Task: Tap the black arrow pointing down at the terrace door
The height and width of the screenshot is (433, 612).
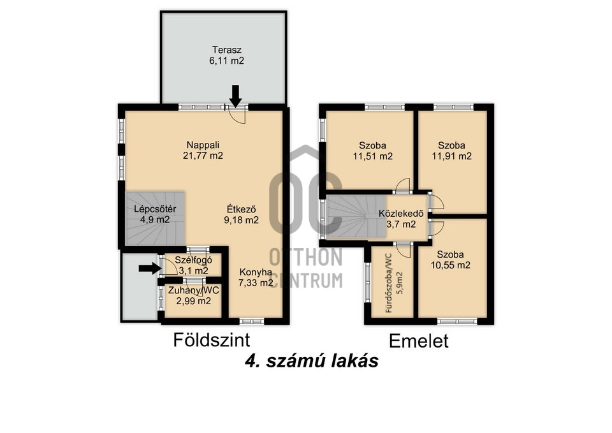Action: [x=236, y=96]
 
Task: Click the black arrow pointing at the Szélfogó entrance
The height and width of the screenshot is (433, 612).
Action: [x=147, y=268]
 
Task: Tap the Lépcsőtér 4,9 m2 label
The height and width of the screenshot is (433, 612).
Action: [x=155, y=214]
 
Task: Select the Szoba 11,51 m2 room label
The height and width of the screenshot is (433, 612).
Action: [x=371, y=150]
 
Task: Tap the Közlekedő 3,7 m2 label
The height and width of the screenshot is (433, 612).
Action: [x=397, y=219]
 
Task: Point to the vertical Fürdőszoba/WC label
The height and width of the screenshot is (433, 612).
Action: [x=393, y=284]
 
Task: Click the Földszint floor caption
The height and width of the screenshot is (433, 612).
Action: [x=211, y=339]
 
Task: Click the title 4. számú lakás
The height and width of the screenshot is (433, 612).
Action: [x=312, y=361]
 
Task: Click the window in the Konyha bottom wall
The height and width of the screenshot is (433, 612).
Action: [x=254, y=321]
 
